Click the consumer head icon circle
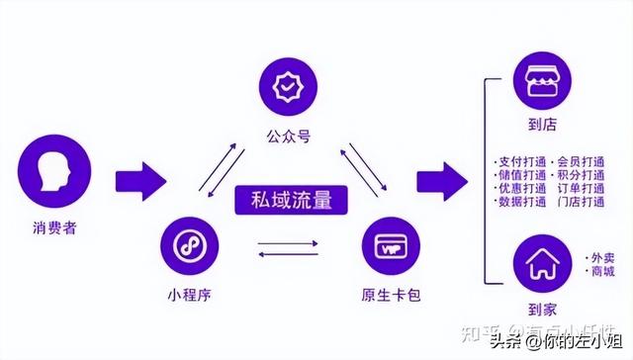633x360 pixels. pos(57,179)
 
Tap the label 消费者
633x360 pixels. pos(56,229)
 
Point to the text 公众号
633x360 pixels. pos(288,136)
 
